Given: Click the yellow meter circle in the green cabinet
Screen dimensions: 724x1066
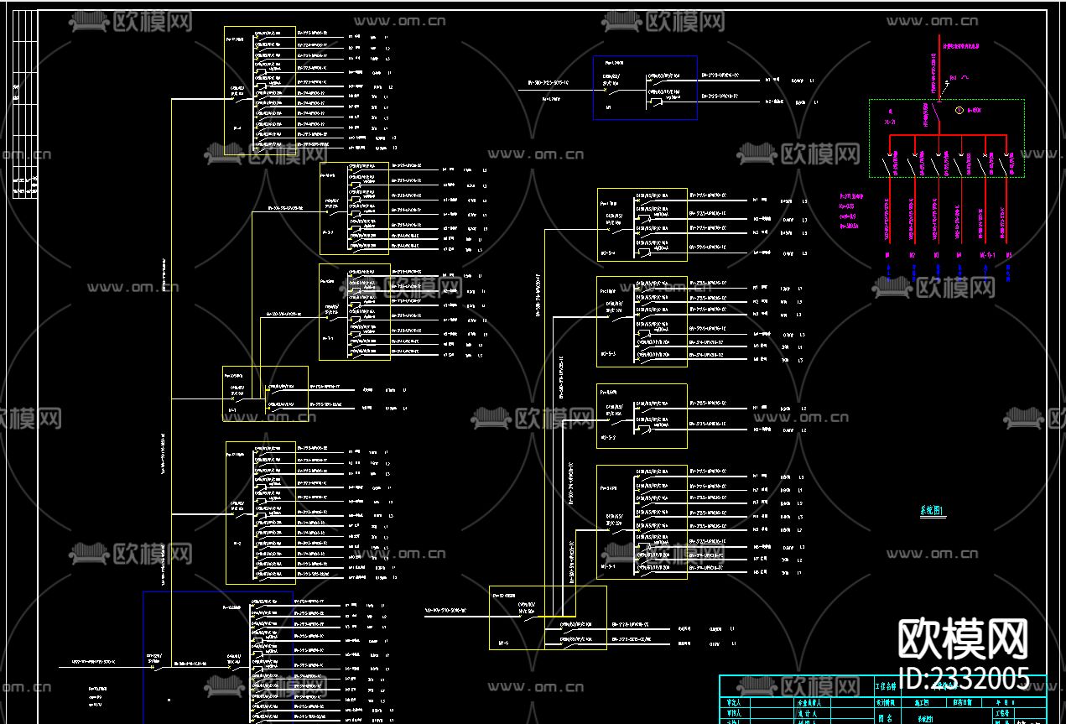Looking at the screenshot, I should (x=959, y=110).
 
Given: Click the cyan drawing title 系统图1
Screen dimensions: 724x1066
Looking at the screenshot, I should (x=932, y=511).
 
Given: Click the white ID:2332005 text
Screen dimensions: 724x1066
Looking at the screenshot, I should (x=963, y=678).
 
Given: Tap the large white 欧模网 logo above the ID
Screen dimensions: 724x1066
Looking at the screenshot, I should (x=963, y=640).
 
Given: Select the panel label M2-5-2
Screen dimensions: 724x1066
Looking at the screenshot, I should (x=608, y=437).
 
